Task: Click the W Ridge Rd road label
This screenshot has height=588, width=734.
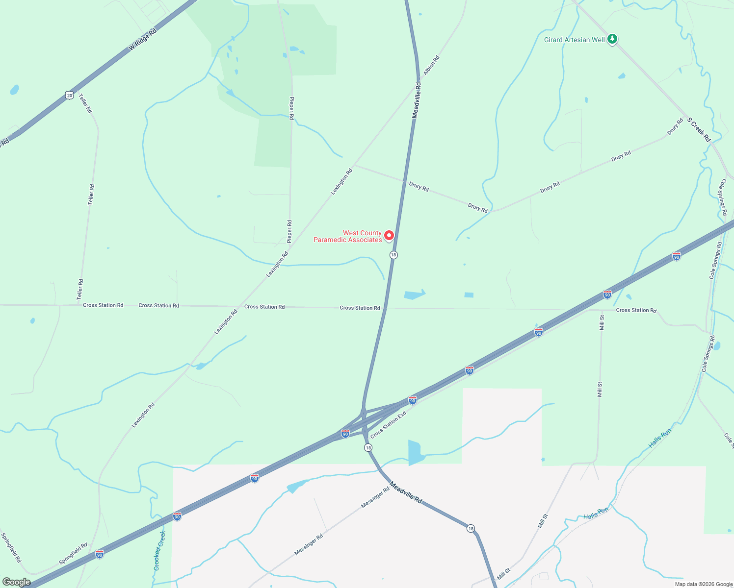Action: tap(142, 40)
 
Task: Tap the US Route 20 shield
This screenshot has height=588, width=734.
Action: tap(70, 96)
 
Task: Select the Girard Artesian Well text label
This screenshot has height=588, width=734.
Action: tap(574, 40)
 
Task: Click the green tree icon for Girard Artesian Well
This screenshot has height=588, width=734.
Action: tap(612, 39)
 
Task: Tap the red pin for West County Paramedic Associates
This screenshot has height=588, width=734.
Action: tap(389, 236)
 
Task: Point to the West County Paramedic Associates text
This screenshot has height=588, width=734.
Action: tap(348, 237)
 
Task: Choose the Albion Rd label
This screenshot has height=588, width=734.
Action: tap(432, 65)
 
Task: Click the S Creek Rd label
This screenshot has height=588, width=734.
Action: tap(699, 130)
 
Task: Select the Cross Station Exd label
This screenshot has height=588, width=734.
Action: tap(388, 425)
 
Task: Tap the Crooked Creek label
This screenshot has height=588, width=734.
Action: tap(159, 551)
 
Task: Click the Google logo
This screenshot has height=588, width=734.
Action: tap(17, 582)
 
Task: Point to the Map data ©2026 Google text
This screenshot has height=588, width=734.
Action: tap(703, 584)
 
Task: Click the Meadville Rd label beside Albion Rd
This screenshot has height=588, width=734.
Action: tap(416, 100)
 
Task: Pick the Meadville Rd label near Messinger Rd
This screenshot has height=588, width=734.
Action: tap(406, 492)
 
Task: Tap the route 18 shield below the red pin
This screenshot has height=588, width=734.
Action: tap(393, 255)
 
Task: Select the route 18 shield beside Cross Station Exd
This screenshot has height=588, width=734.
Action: tap(368, 447)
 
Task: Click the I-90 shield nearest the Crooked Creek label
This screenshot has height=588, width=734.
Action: tap(177, 516)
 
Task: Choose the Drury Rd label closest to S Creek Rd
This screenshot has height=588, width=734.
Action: tap(675, 127)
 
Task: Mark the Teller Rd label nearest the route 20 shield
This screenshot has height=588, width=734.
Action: tap(85, 103)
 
